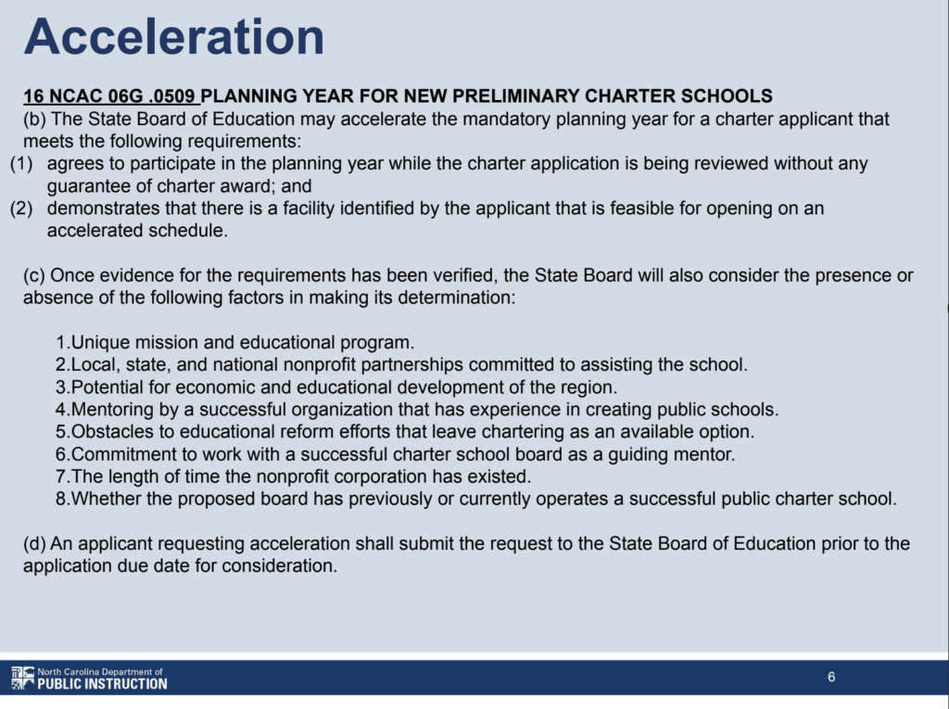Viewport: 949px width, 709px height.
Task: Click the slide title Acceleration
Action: [174, 38]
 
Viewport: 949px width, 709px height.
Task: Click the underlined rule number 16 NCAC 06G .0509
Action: [110, 95]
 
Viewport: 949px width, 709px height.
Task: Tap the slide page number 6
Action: [831, 677]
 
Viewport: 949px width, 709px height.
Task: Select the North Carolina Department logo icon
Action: [22, 677]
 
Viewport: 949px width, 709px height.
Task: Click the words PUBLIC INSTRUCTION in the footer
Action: [102, 684]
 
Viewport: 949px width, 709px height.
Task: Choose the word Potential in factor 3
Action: [106, 386]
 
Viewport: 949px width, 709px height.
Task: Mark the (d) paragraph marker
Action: [34, 543]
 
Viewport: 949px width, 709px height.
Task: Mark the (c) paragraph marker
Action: [34, 276]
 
